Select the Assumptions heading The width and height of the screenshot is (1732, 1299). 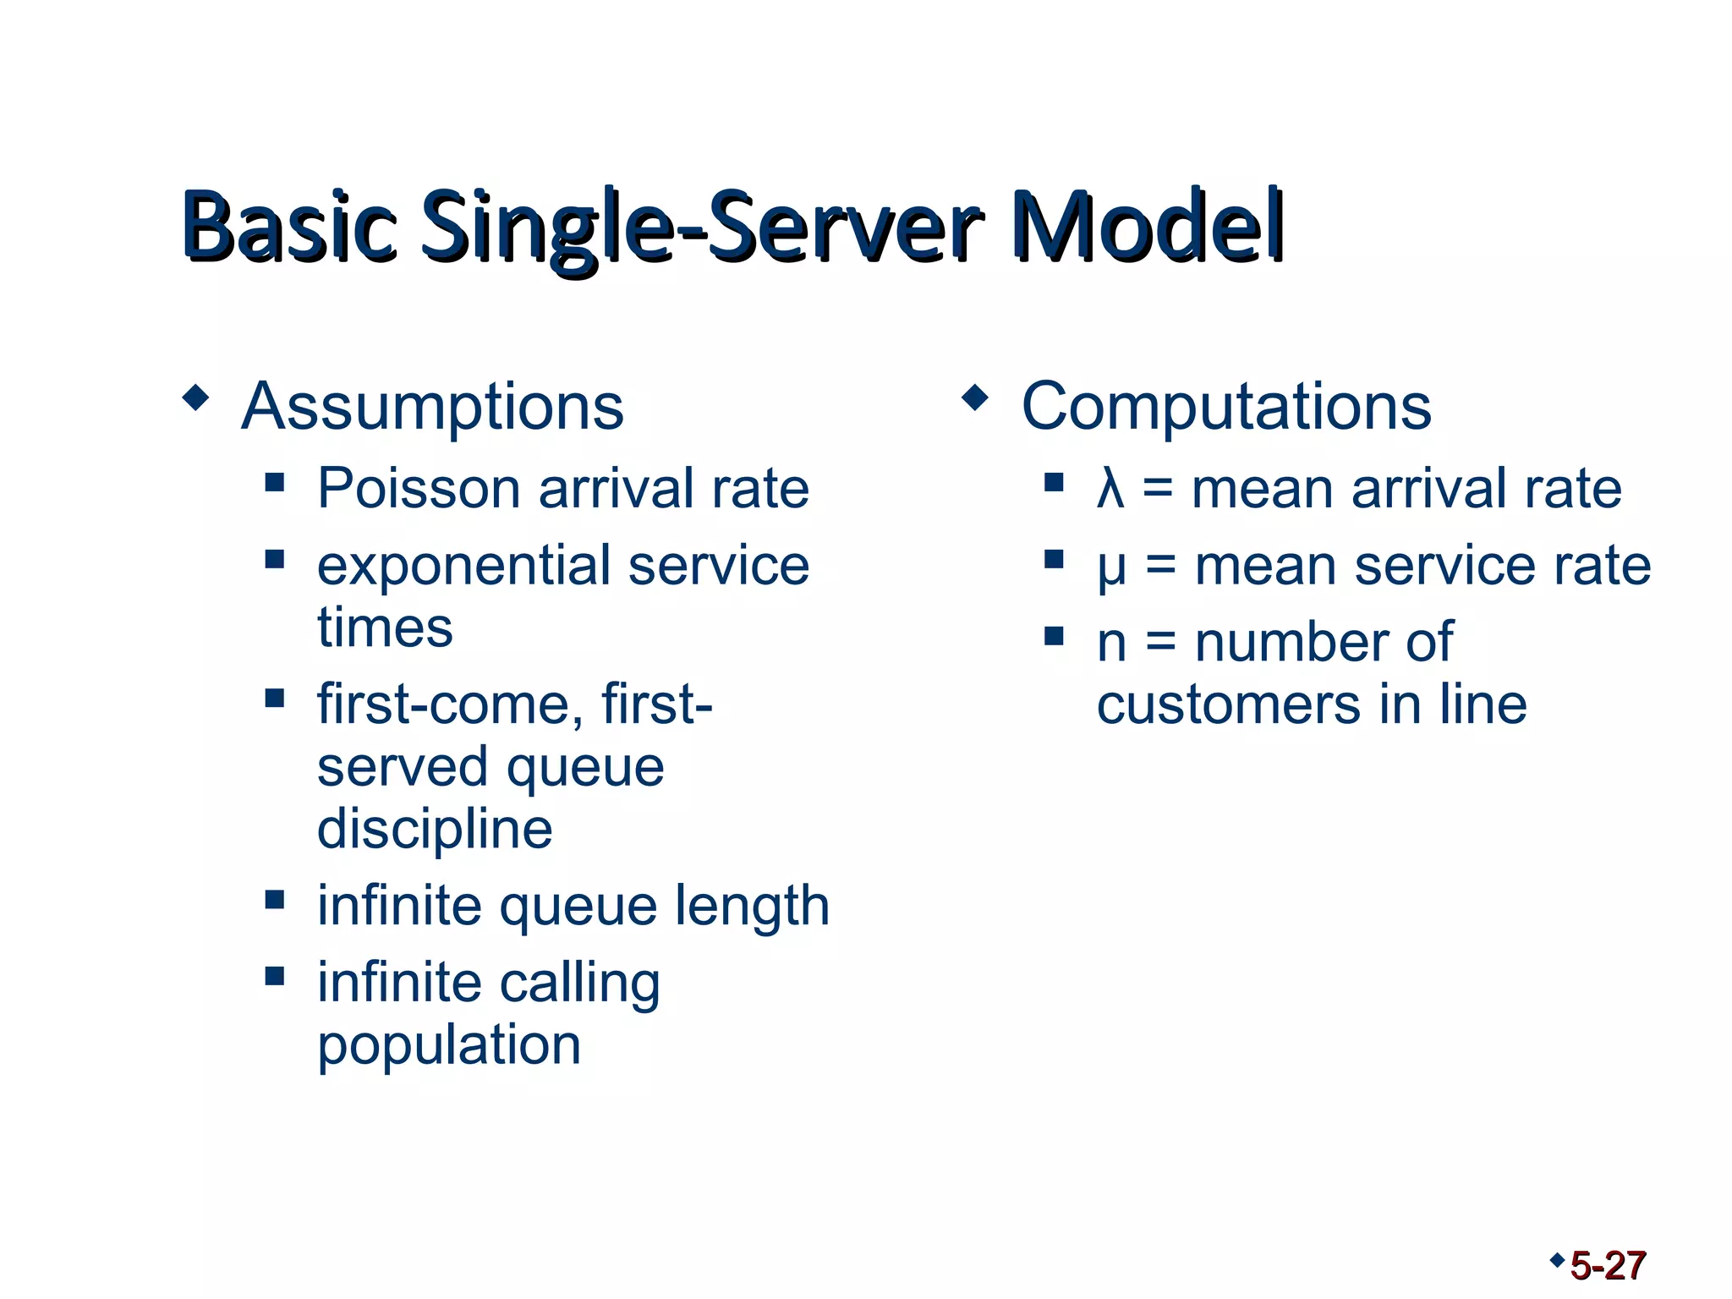[x=432, y=407]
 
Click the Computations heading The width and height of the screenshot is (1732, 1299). [x=1226, y=407]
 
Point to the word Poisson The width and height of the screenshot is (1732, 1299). [x=419, y=489]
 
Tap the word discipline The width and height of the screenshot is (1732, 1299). [x=435, y=829]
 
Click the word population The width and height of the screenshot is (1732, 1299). [x=449, y=1046]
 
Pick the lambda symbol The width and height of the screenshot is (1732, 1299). [x=1110, y=490]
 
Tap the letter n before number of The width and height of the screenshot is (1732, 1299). [x=1111, y=644]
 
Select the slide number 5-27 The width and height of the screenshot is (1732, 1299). [x=1608, y=1266]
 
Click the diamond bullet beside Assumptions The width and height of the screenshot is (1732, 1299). [x=195, y=397]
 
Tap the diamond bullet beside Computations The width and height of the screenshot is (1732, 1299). [x=975, y=397]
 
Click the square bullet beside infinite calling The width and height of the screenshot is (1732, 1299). [x=274, y=976]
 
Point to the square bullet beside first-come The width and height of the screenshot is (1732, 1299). [x=274, y=698]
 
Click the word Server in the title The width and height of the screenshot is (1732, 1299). [x=846, y=227]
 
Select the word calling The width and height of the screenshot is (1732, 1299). [x=580, y=984]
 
